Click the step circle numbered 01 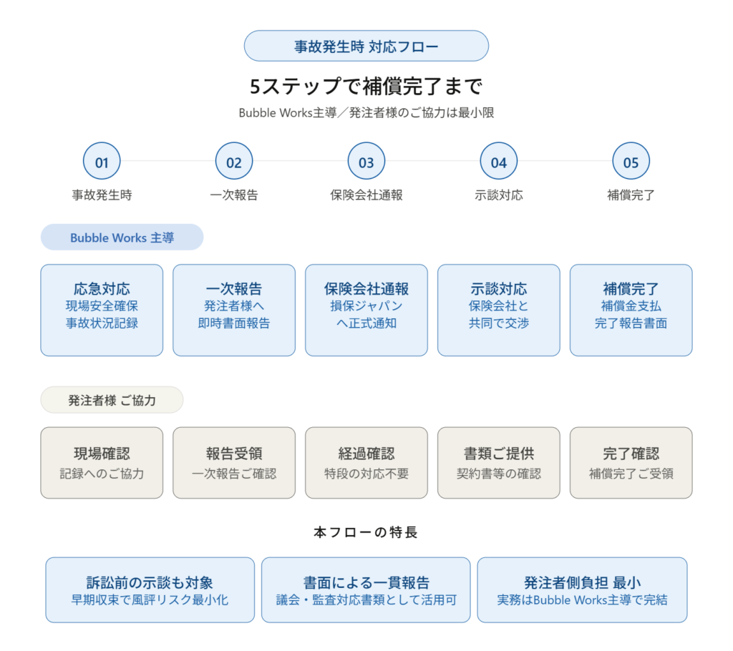click(102, 162)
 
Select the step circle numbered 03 click(366, 162)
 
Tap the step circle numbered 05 click(631, 162)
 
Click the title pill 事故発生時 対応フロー click(366, 46)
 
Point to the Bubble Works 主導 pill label click(122, 238)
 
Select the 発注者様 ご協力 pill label click(112, 400)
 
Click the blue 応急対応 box click(102, 310)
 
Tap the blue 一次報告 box click(234, 310)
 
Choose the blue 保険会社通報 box click(366, 310)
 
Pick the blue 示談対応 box click(498, 310)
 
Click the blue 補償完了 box click(631, 310)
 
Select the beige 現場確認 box click(102, 463)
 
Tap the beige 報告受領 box click(234, 463)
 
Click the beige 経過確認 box click(366, 463)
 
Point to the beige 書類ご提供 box click(498, 463)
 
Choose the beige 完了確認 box click(631, 463)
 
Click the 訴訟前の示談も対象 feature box click(150, 590)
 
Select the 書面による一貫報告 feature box click(366, 590)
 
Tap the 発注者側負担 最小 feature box click(582, 590)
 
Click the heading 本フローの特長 click(366, 532)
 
